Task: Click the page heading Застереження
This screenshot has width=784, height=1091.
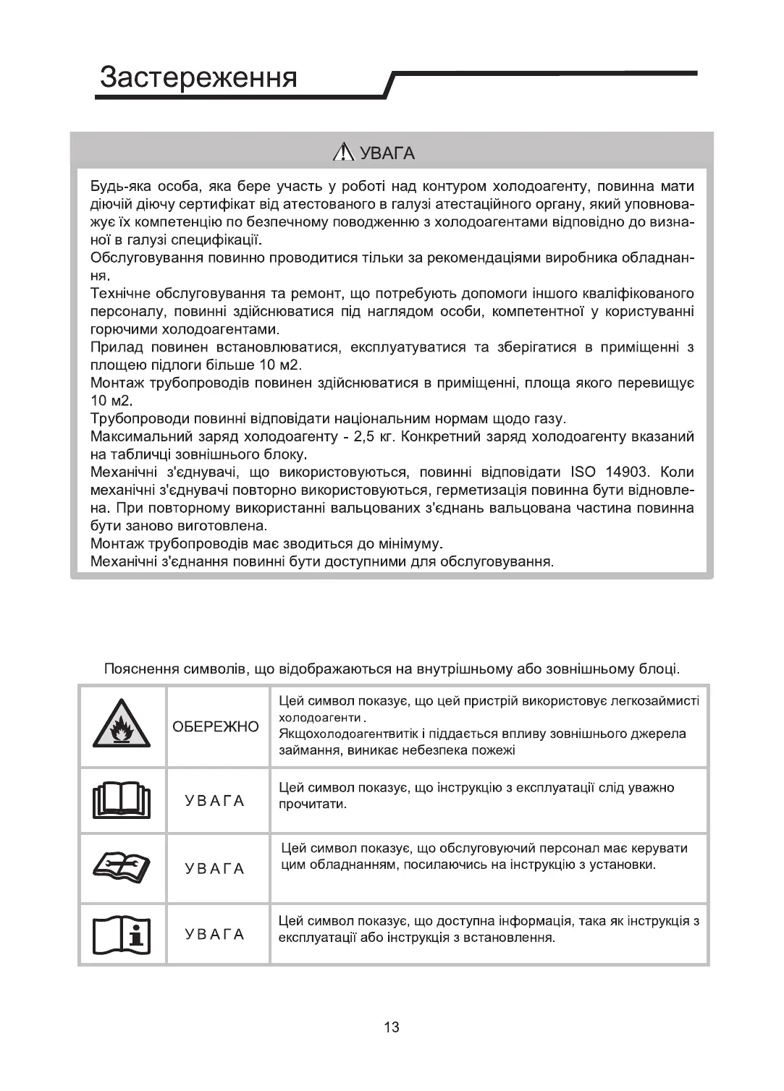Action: tap(198, 77)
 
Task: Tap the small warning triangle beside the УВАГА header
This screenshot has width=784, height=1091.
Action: tap(342, 153)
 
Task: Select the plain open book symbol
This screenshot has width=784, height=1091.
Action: tap(122, 800)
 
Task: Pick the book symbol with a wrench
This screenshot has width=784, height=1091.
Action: tap(122, 867)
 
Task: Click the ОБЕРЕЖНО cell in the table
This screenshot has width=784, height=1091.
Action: tap(215, 726)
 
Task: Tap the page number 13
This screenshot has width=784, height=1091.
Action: tap(392, 1027)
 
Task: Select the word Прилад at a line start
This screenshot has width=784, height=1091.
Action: tap(116, 347)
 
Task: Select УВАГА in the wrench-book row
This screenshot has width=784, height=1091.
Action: tap(215, 868)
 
